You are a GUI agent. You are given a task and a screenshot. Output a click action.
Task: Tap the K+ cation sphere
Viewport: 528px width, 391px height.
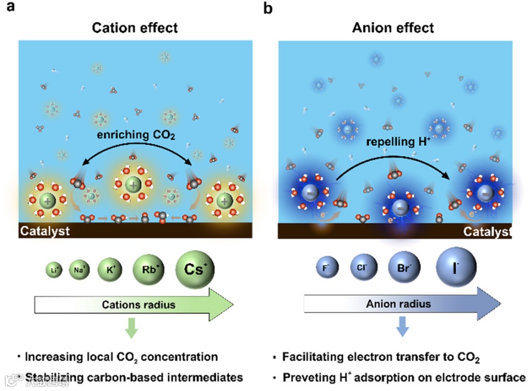pyautogui.click(x=110, y=268)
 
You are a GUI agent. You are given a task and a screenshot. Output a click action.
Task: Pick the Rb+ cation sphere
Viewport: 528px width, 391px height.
pyautogui.click(x=148, y=268)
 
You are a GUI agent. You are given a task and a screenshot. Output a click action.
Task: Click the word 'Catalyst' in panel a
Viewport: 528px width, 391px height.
pyautogui.click(x=45, y=230)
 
